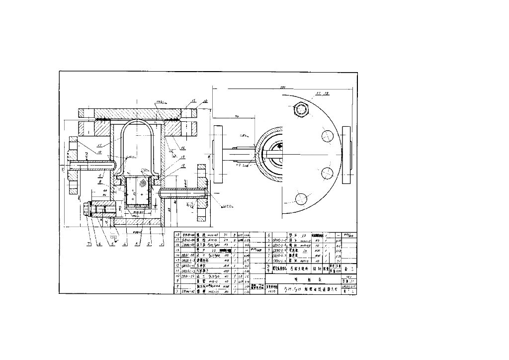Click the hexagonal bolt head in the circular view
301,109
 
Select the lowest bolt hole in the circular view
300,199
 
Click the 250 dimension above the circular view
283,87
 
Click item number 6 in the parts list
269,234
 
